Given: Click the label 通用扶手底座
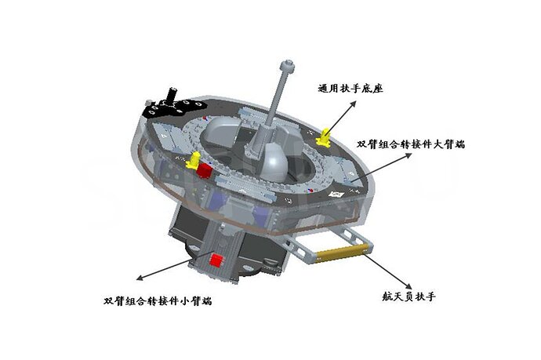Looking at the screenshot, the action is [x=350, y=89].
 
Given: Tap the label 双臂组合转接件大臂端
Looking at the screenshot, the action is [x=411, y=144].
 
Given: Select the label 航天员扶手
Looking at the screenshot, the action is [x=408, y=296].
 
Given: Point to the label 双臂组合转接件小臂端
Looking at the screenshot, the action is [x=158, y=301].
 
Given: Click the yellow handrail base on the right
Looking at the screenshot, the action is [x=323, y=137].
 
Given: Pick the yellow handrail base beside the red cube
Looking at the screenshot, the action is [x=193, y=160].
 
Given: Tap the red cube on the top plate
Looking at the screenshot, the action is [x=205, y=170].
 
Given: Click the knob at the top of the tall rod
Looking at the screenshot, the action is [x=288, y=66].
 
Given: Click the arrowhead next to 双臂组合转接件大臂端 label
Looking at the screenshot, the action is [x=408, y=155].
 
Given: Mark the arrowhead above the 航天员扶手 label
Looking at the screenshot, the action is [x=408, y=285].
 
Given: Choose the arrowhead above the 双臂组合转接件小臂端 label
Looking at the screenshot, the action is [x=140, y=278].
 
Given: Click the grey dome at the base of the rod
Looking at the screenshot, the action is [x=274, y=162].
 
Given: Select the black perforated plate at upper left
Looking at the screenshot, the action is [x=174, y=107].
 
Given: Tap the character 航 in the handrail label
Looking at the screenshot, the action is [x=387, y=296].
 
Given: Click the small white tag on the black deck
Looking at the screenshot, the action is [x=336, y=195].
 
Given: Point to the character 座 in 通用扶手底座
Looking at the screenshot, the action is [x=378, y=89].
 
